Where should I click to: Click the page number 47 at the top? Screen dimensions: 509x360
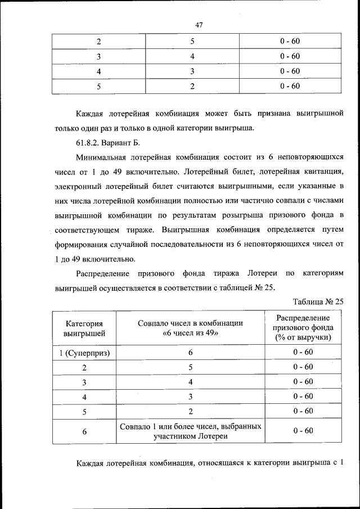[199, 24]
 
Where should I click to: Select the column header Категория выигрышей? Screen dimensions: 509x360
[84, 328]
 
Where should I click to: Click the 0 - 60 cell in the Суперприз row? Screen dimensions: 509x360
[303, 353]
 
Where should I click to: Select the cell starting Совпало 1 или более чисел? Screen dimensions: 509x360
[190, 431]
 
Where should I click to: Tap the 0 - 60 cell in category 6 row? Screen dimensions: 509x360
[303, 431]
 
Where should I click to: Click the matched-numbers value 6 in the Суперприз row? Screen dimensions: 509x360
[190, 353]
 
